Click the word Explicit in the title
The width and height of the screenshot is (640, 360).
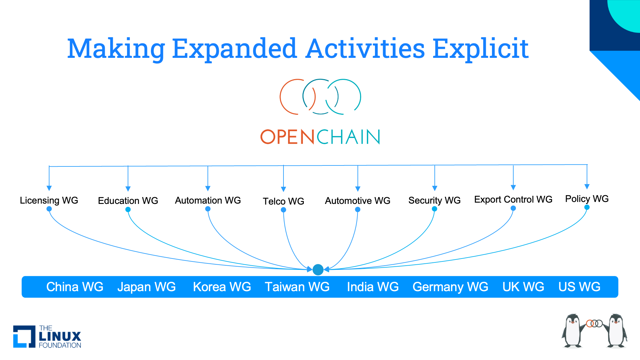[480, 48]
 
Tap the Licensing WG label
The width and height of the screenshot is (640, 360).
[49, 200]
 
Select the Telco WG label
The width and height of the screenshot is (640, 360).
[283, 201]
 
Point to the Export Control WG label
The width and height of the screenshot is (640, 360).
[513, 199]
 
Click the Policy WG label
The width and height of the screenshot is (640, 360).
[587, 199]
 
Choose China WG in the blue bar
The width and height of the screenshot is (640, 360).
[75, 287]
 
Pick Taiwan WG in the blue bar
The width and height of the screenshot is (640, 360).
[297, 287]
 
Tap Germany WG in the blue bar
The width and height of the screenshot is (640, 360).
[451, 287]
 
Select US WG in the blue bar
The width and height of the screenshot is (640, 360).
[580, 287]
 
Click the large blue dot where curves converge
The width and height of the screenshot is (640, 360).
[318, 270]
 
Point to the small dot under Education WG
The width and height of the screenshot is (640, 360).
[128, 209]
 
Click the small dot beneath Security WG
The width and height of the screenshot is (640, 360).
[434, 209]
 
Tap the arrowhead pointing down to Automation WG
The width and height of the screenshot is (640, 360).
[208, 188]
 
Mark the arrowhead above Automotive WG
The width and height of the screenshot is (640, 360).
[358, 189]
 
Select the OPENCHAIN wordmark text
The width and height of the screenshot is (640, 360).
[320, 137]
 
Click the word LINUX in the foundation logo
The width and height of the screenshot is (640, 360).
[60, 336]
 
